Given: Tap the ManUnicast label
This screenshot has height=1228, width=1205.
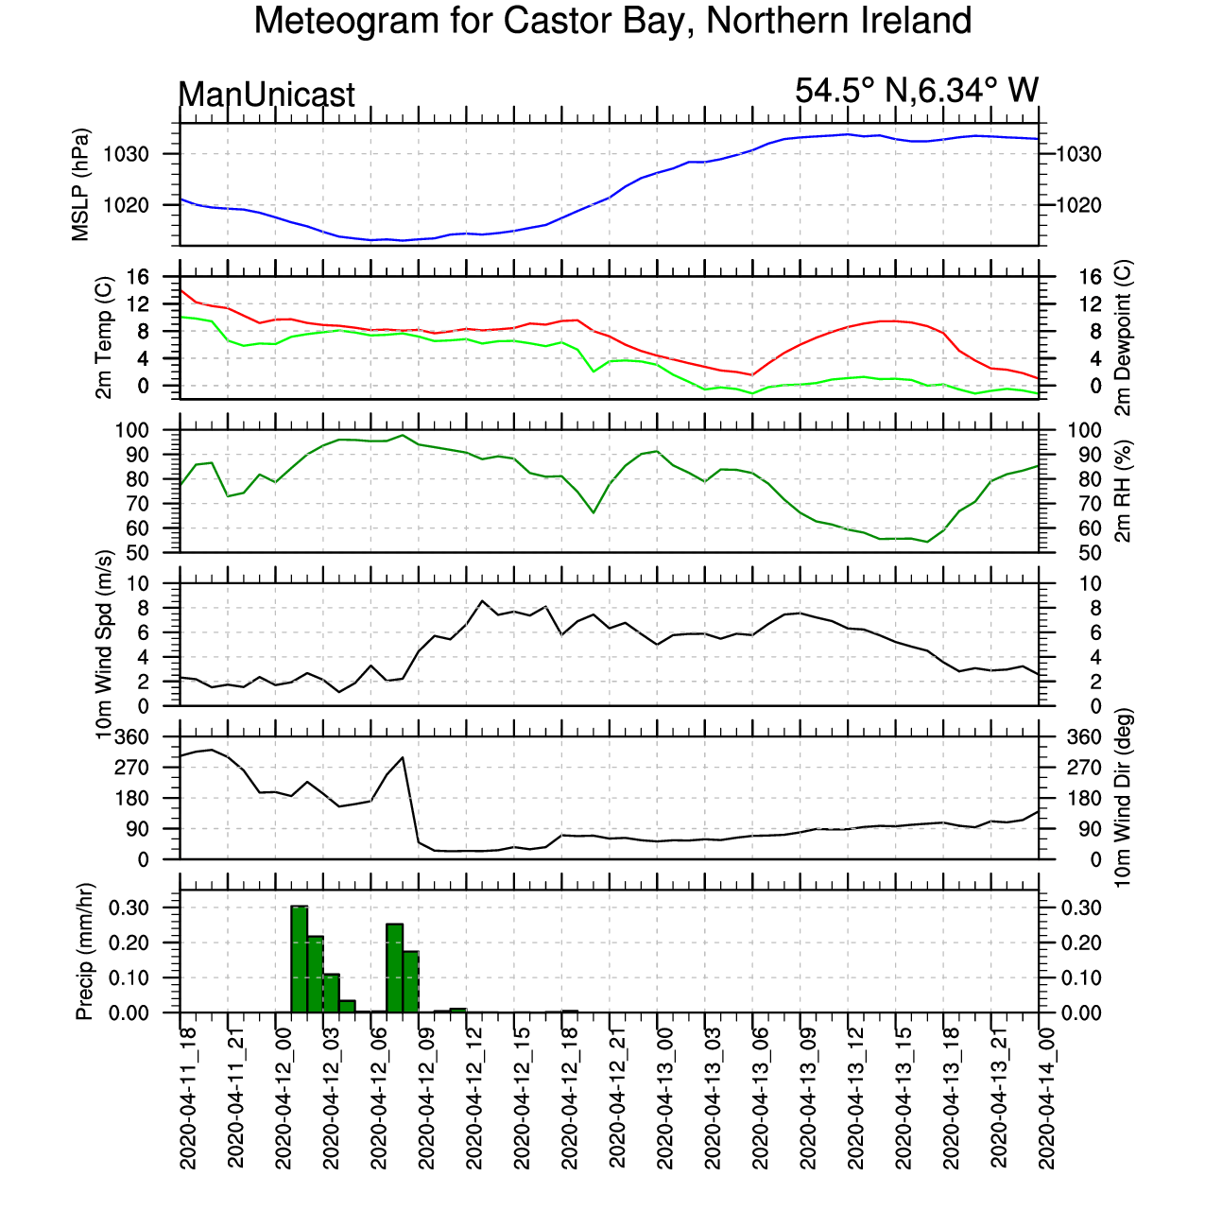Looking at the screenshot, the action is pos(267,95).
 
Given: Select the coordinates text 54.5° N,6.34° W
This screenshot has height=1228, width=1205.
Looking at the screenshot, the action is pos(917,90).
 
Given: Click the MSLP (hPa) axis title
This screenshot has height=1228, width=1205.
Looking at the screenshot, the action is pos(81,184).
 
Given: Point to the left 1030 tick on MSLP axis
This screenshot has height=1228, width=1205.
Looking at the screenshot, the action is pos(127,154).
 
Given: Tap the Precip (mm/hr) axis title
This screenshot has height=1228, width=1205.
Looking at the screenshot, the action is pos(84,951).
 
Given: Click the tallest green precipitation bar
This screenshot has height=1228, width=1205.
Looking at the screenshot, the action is pos(300,959).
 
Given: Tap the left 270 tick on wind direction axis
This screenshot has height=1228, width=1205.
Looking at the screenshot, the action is pos(132,768).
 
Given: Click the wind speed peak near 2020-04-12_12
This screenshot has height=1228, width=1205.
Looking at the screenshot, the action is pos(482,600).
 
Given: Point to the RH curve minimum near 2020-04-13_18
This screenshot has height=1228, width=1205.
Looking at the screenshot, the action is pos(928,542).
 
